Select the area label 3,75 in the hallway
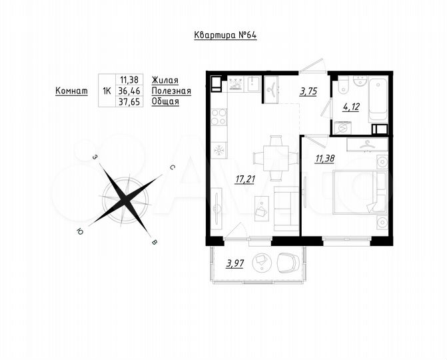(308, 93)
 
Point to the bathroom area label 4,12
(350, 107)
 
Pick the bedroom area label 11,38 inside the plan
(325, 158)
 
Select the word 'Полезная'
(171, 91)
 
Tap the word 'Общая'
(165, 103)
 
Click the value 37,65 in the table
(129, 103)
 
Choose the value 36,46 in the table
(129, 91)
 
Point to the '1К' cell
(106, 91)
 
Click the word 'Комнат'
(71, 91)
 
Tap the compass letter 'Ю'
(81, 231)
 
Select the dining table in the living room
(274, 158)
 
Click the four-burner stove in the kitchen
(219, 117)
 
